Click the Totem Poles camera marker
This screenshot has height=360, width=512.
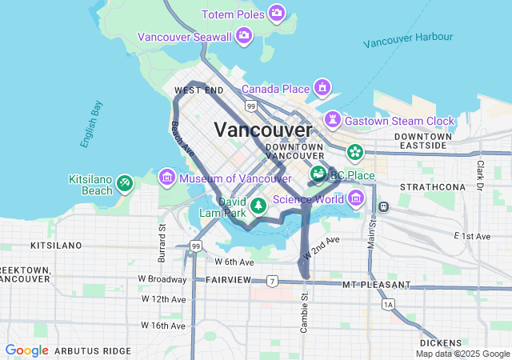276,14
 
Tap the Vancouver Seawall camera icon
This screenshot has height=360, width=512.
244,36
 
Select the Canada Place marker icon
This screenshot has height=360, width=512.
322,87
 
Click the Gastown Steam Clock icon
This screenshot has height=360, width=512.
332,120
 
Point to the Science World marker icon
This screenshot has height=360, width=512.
355,197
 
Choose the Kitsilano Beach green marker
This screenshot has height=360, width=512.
124,184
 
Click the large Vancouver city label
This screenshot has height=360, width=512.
263,130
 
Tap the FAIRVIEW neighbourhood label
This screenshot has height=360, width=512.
229,280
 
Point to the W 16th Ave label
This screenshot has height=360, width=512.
163,326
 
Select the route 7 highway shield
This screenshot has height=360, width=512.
273,281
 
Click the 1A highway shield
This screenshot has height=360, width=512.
389,305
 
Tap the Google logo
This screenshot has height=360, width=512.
26,350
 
